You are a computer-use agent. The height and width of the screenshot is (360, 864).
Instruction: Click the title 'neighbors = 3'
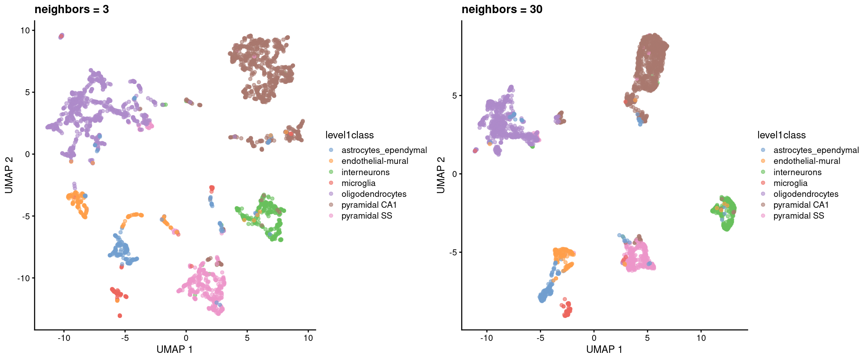click(x=72, y=9)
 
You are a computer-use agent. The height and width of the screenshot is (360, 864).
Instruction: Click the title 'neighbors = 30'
click(x=502, y=9)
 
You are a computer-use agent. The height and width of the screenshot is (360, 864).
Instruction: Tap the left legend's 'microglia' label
click(x=358, y=183)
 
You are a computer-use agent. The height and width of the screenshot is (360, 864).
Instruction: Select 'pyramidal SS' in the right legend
click(x=798, y=216)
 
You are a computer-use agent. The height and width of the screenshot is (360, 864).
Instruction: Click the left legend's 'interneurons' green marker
click(x=331, y=172)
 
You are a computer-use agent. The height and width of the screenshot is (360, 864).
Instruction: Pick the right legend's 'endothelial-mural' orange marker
click(x=763, y=161)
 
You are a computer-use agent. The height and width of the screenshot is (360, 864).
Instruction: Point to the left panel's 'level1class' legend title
click(x=349, y=135)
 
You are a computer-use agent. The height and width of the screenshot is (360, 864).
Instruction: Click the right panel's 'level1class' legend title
click(x=781, y=135)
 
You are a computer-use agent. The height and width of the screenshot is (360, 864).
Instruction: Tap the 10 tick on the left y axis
click(x=25, y=30)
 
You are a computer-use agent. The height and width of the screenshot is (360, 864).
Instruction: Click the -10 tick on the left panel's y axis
click(x=23, y=278)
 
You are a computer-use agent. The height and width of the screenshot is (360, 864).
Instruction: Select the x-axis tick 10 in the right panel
click(x=701, y=338)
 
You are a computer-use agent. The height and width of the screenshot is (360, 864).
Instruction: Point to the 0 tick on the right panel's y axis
click(x=454, y=174)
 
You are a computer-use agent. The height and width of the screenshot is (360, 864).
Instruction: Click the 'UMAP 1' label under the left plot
click(x=174, y=349)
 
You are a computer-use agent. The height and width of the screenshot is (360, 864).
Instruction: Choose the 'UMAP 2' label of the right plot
click(x=441, y=175)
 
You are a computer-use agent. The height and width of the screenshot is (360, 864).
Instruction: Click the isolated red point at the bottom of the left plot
click(x=120, y=316)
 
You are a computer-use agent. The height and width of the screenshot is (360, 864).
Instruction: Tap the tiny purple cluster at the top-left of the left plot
click(x=61, y=36)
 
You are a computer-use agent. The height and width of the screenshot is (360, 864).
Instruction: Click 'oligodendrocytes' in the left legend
click(x=373, y=194)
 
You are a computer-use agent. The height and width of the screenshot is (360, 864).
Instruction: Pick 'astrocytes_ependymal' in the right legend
click(x=816, y=150)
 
